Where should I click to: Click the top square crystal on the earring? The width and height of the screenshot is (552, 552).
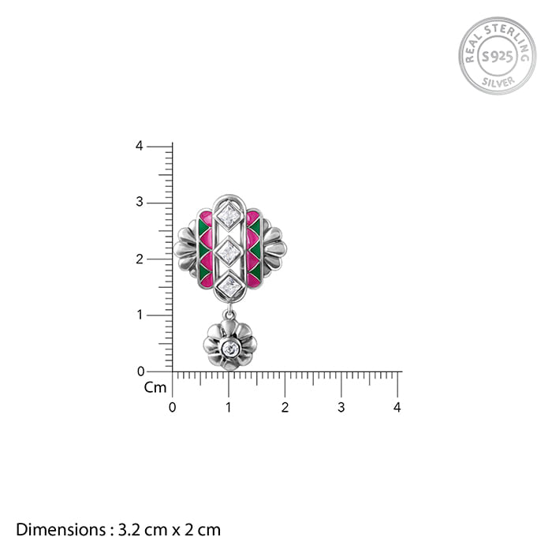point(229,215)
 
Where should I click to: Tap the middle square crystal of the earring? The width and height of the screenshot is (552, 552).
point(229,252)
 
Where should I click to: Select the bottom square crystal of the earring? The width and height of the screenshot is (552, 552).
point(229,286)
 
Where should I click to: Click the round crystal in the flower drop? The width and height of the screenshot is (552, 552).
point(230,349)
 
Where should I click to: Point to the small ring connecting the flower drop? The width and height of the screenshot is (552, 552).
point(229,314)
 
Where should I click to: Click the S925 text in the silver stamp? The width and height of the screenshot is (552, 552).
point(498,56)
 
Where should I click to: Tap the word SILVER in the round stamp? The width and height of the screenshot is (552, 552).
point(498,82)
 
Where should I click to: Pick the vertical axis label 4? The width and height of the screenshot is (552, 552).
point(140,146)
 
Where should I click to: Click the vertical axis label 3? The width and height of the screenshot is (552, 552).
point(140,202)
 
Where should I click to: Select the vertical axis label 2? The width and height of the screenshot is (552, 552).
point(140,259)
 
